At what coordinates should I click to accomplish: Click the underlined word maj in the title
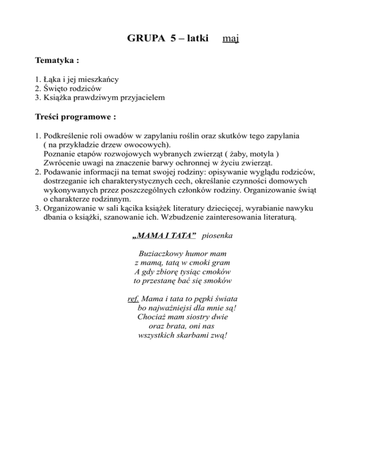coord(231,38)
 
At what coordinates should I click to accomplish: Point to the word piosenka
coord(217,236)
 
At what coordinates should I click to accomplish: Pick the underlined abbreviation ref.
coord(133,300)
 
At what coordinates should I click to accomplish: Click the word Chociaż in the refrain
coord(152,317)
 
